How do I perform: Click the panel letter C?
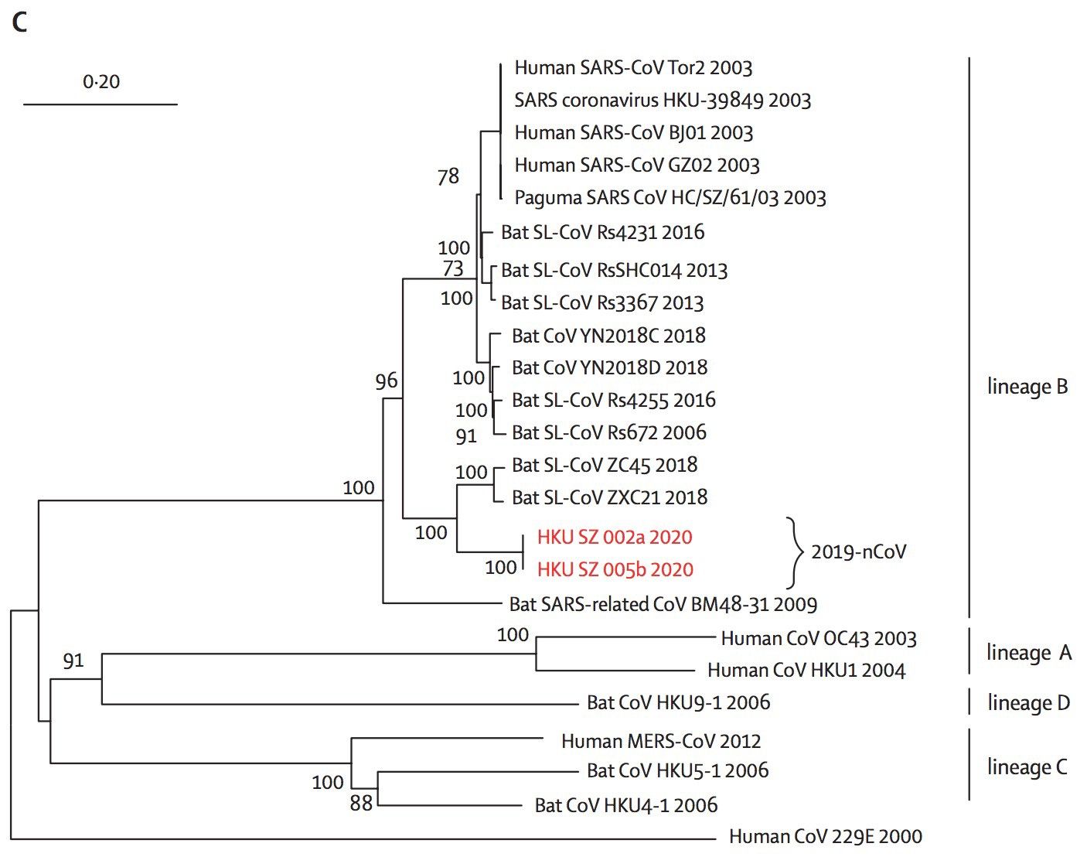(19, 22)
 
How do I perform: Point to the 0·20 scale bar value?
(101, 81)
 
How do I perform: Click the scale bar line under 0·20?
(101, 104)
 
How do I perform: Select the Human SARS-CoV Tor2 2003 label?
(633, 68)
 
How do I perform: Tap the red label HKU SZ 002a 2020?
(615, 537)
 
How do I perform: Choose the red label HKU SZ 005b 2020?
(615, 570)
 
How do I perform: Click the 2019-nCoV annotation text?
(858, 551)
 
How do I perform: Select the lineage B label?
(1027, 386)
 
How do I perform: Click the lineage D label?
(1028, 703)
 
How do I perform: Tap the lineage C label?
(1027, 767)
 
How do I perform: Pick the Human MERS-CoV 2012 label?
(661, 741)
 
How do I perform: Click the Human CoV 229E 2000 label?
(825, 836)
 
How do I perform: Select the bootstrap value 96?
(386, 381)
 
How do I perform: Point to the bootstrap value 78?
(448, 177)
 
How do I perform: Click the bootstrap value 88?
(361, 804)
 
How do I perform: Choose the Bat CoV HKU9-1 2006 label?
(678, 702)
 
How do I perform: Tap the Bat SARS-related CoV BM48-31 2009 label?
(663, 603)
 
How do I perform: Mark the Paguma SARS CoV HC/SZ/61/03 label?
(670, 198)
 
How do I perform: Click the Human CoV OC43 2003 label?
(818, 639)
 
